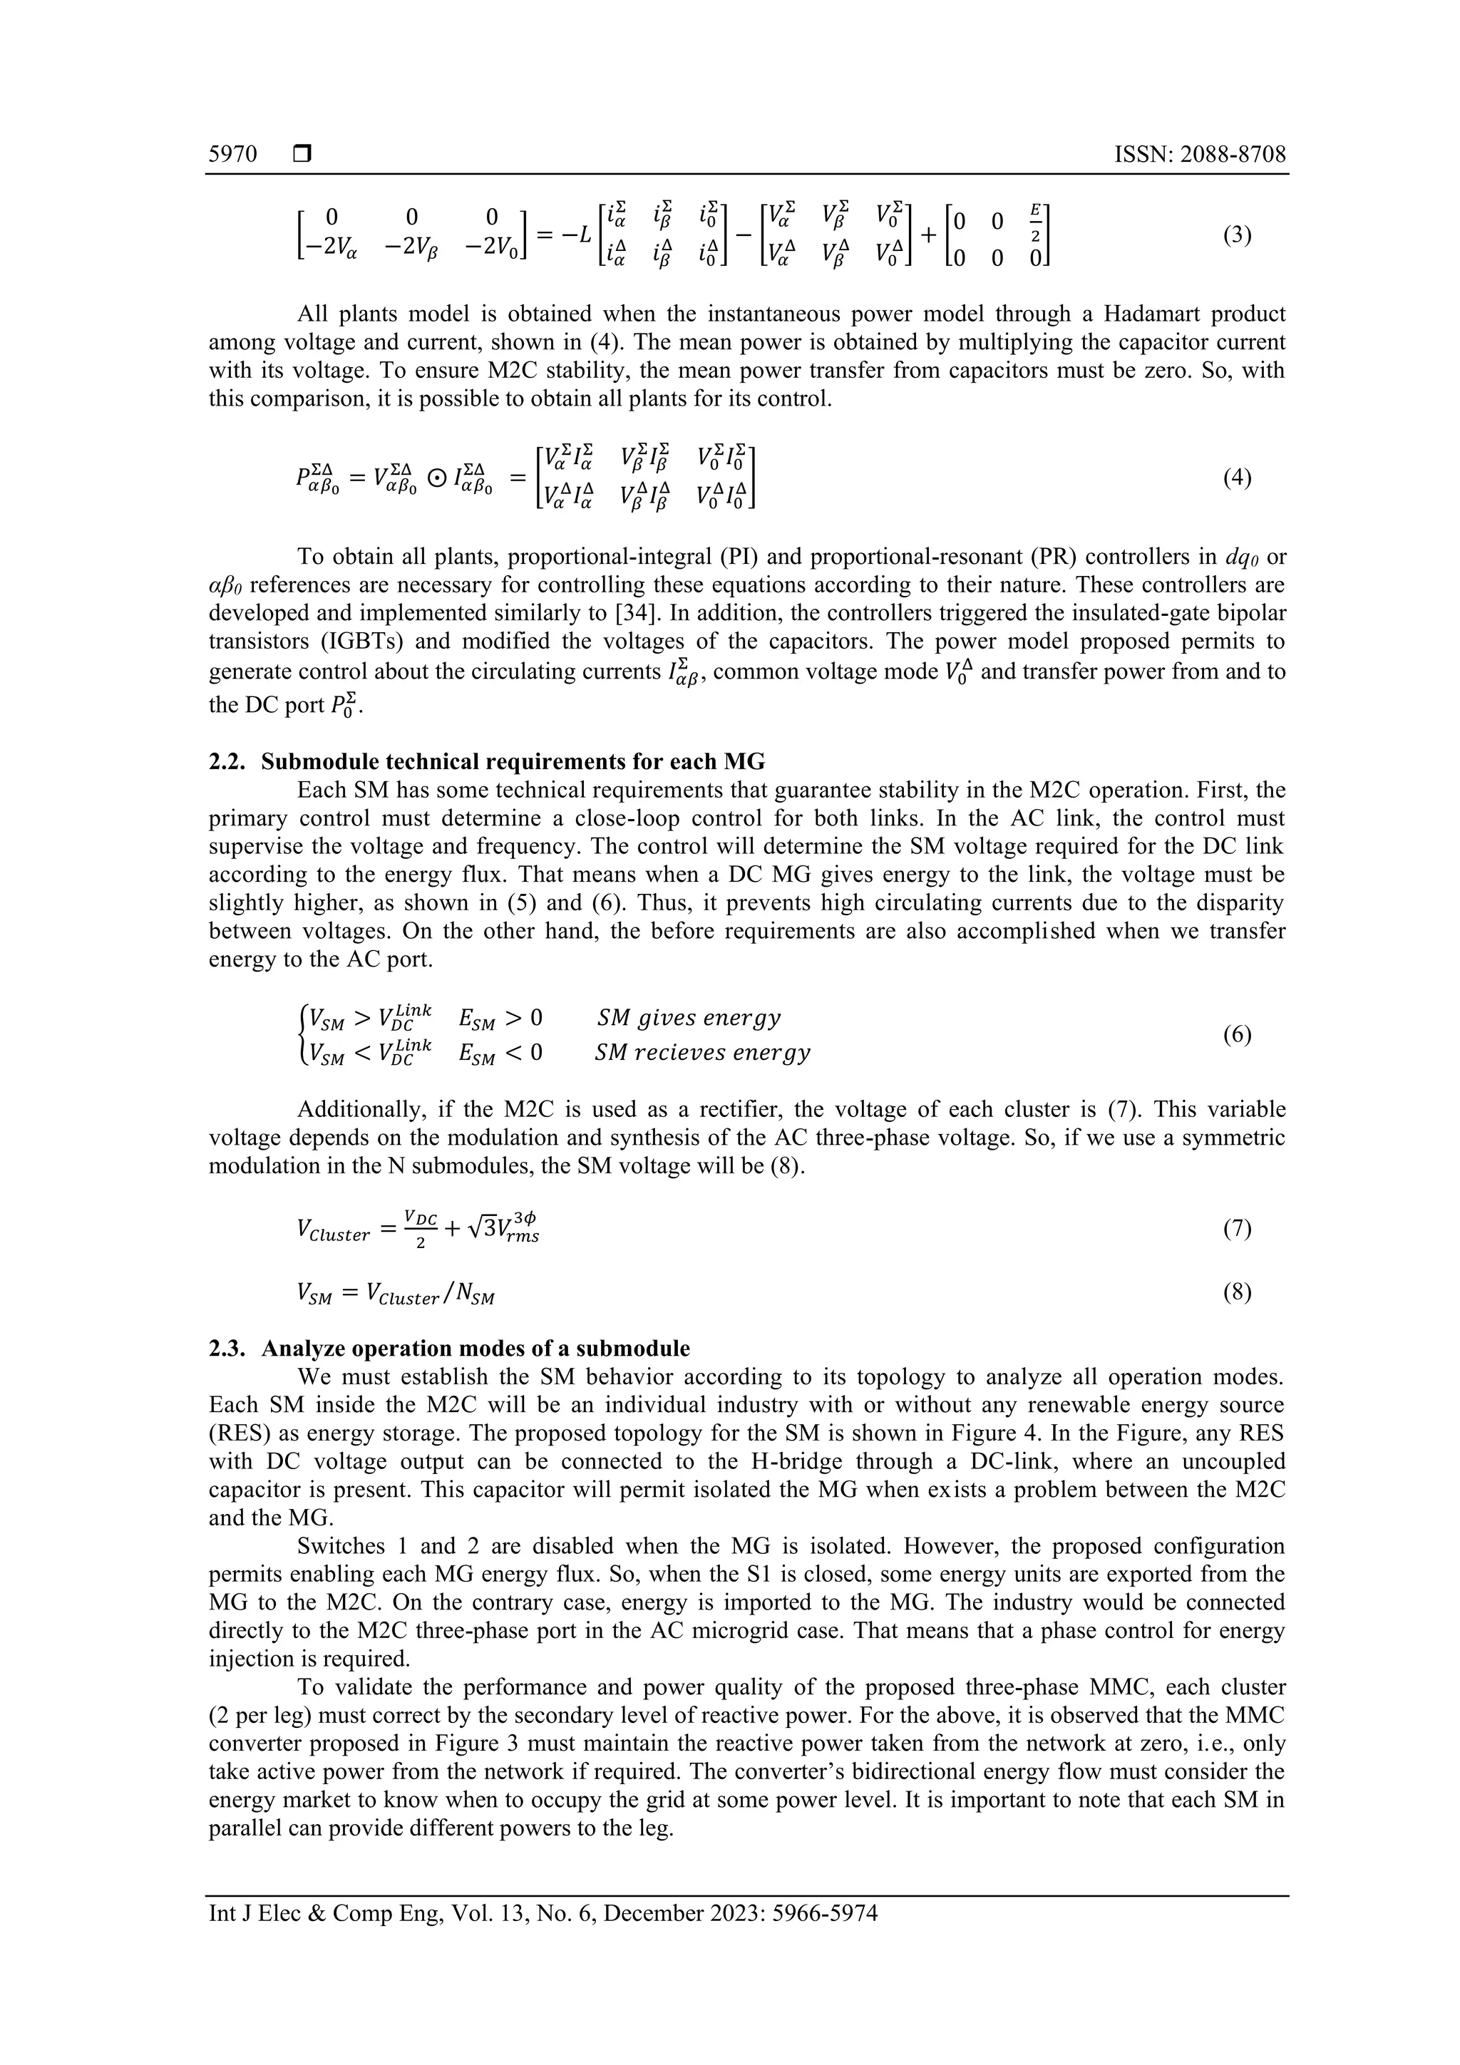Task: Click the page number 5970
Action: (x=233, y=154)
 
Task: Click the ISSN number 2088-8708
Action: (x=1233, y=154)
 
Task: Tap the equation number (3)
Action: (x=1237, y=236)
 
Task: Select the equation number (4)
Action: (x=1237, y=478)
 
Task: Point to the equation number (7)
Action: (x=1237, y=1230)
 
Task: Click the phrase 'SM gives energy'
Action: (x=689, y=1018)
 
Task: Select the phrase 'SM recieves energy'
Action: (x=703, y=1052)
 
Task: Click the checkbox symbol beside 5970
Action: (x=302, y=155)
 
